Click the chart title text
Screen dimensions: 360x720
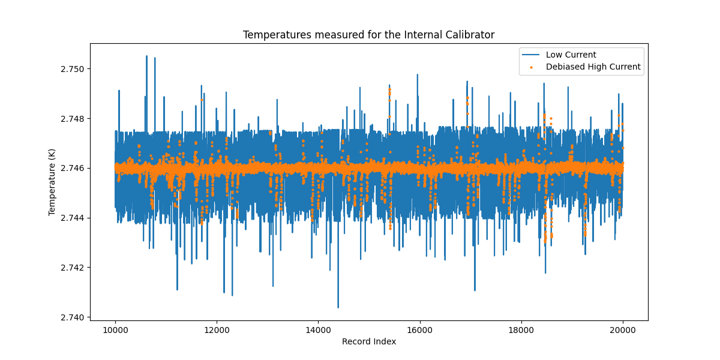pyautogui.click(x=368, y=35)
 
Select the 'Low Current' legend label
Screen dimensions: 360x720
pyautogui.click(x=571, y=55)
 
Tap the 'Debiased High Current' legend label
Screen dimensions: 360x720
pyautogui.click(x=593, y=67)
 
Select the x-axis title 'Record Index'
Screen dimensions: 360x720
pyautogui.click(x=368, y=341)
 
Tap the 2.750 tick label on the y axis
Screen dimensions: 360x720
pyautogui.click(x=72, y=69)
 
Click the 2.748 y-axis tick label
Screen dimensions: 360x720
pyautogui.click(x=72, y=119)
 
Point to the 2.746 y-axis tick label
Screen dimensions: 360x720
pyautogui.click(x=72, y=168)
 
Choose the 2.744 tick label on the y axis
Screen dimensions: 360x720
pyautogui.click(x=72, y=218)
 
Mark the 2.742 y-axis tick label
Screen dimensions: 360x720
pyautogui.click(x=72, y=267)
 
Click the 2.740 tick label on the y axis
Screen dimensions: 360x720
pyautogui.click(x=72, y=317)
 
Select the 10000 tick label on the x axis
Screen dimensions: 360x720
pyautogui.click(x=115, y=329)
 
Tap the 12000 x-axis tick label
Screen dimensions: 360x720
pyautogui.click(x=216, y=329)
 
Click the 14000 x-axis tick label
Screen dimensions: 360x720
pyautogui.click(x=318, y=329)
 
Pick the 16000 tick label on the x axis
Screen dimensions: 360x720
pyautogui.click(x=419, y=329)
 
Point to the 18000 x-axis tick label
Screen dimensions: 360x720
pyautogui.click(x=521, y=329)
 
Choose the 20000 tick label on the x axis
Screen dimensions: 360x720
pyautogui.click(x=622, y=329)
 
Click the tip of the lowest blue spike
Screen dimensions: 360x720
pyautogui.click(x=338, y=307)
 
